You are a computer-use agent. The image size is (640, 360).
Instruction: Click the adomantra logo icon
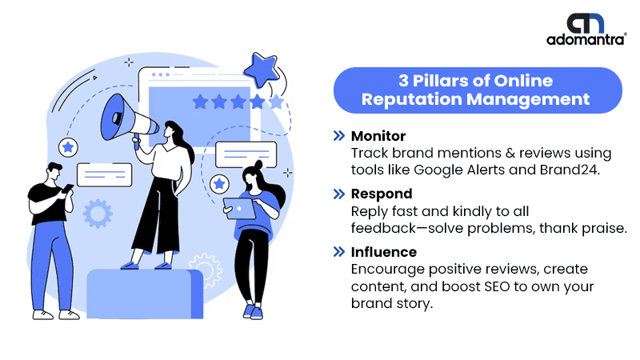pos(585,23)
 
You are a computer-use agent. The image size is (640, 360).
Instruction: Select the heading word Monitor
pos(378,136)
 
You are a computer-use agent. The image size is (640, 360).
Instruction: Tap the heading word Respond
pos(382,194)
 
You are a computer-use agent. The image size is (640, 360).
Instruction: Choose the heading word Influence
pos(384,252)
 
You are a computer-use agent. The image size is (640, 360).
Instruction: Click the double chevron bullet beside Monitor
pos(339,136)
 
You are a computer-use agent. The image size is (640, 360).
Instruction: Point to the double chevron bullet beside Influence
pos(339,252)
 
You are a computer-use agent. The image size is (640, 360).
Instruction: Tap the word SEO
pos(497,286)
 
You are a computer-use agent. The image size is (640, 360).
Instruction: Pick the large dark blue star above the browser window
pos(261,70)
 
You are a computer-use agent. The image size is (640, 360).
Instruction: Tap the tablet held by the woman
pos(239,209)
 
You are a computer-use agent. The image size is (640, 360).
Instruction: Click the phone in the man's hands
pos(67,188)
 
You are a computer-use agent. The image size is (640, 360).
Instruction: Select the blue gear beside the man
pos(98,214)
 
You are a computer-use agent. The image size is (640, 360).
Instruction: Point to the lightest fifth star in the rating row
pos(276,102)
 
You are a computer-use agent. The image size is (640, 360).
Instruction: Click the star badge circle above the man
pos(68,147)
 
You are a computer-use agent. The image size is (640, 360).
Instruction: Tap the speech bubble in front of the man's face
pos(105,175)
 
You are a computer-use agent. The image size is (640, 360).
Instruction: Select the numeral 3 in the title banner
pos(403,81)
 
